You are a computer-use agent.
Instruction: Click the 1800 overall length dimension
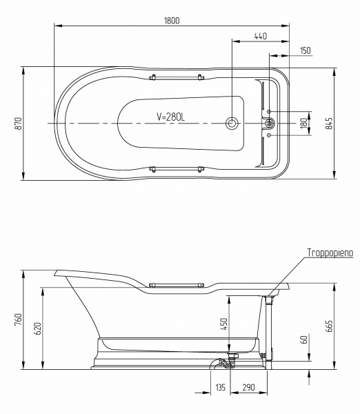pos(172,20)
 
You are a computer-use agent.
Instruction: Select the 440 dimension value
pos(261,36)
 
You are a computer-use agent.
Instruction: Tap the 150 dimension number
pos(306,50)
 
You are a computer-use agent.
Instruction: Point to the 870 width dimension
pos(18,124)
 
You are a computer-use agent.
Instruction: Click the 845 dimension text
pos(329,124)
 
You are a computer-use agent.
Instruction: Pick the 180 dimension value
pos(304,124)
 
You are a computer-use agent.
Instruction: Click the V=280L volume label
pos(171,117)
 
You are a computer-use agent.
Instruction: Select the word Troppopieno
pos(330,253)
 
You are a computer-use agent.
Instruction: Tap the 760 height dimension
pos(18,319)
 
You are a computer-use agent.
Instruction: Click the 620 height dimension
pos(38,328)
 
